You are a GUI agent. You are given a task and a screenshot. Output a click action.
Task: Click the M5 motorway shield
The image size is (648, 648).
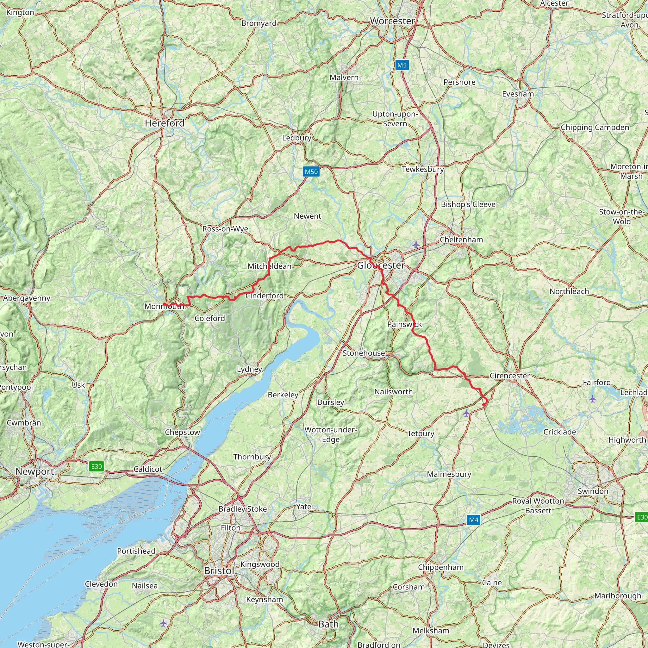[402, 65]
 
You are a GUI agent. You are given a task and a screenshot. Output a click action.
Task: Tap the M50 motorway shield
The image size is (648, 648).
[311, 172]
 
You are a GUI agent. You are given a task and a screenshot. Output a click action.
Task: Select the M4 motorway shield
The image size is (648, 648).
[473, 520]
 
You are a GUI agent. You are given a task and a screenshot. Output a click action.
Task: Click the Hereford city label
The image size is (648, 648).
[165, 123]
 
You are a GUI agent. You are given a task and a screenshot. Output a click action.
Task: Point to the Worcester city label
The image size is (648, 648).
[392, 21]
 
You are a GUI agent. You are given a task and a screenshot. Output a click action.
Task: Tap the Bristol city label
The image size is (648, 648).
[219, 570]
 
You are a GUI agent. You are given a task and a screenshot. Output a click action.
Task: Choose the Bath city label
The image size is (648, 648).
[328, 624]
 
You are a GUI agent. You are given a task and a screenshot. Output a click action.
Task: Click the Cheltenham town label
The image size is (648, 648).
[461, 240]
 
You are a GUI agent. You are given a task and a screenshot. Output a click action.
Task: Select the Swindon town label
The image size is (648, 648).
[593, 491]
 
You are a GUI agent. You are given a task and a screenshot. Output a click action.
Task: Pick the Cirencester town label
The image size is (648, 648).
[509, 376]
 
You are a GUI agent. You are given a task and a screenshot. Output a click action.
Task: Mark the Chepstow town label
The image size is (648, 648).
[182, 432]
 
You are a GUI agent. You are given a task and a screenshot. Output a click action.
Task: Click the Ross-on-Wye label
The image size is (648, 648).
[225, 229]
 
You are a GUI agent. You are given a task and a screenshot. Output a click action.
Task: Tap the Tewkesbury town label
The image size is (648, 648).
[423, 169]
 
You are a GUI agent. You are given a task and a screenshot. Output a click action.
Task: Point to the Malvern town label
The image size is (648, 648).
[344, 78]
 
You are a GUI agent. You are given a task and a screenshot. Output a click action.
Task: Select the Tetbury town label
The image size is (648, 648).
[421, 434]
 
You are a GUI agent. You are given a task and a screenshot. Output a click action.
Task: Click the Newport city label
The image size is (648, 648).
[34, 471]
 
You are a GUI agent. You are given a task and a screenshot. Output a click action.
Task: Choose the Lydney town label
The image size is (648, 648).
[249, 369]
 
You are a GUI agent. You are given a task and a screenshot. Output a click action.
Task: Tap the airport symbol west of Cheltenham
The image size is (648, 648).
[416, 245]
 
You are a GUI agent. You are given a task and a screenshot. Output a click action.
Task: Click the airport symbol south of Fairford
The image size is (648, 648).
[593, 399]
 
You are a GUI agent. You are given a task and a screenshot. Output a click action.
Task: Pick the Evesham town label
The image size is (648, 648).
[518, 94]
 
